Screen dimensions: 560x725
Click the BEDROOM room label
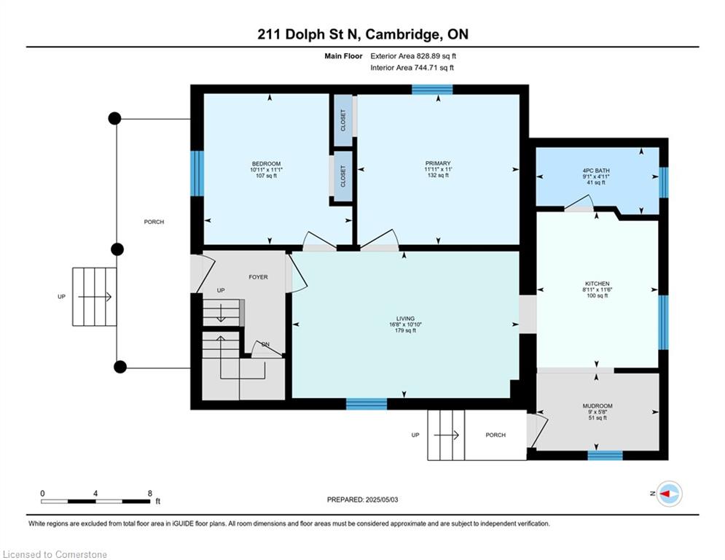point(266,164)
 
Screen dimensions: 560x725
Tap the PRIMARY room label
point(438,164)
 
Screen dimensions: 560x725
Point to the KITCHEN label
point(597,284)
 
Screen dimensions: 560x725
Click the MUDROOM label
point(597,406)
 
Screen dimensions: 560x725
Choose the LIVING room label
point(405,319)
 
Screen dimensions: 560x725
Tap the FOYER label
point(258,277)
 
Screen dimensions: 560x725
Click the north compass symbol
point(668,494)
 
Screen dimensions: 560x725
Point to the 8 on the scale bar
point(149,493)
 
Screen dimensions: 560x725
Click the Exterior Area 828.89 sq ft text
point(413,55)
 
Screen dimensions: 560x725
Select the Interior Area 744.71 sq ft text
point(412,68)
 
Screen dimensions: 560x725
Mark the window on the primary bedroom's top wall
point(431,90)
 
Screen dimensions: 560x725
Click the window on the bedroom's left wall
point(197,174)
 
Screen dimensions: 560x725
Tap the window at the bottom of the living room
point(366,403)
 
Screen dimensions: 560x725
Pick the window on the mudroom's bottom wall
point(605,455)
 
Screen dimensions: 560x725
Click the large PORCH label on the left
point(154,222)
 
